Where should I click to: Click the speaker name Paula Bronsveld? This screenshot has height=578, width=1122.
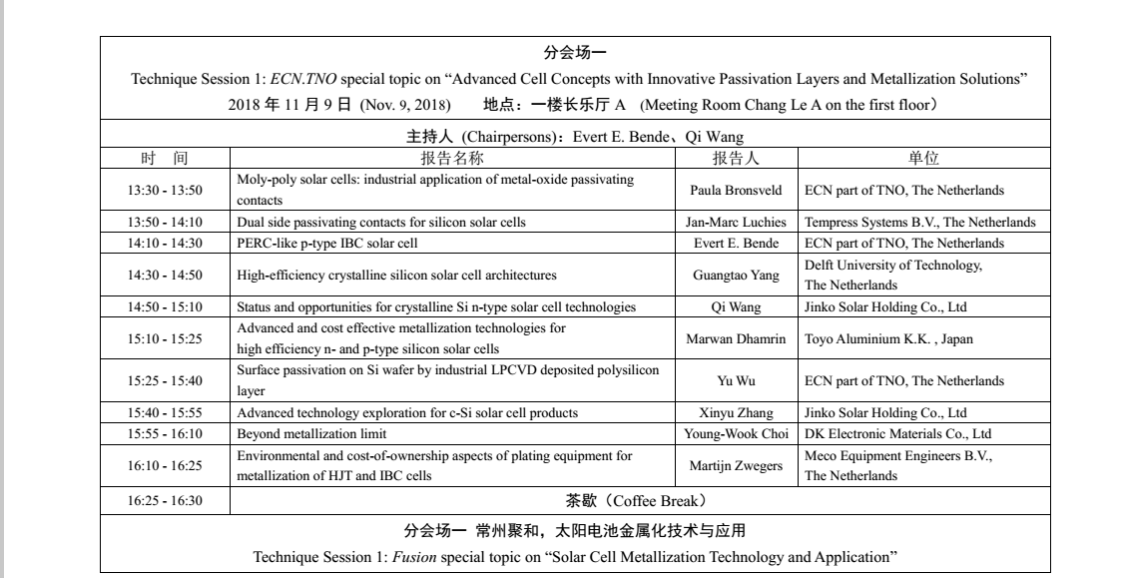point(737,190)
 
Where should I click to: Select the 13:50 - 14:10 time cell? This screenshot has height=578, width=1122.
point(165,223)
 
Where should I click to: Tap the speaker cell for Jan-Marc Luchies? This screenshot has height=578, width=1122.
point(738,223)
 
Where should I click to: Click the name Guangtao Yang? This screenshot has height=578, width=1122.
point(737,275)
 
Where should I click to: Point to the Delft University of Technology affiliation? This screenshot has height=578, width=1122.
point(892,265)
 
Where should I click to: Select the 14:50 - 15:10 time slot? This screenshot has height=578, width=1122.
point(165,306)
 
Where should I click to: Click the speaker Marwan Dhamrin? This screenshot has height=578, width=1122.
point(737,338)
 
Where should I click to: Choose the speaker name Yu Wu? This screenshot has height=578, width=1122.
point(737,380)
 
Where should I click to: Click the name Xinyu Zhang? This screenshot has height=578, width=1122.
point(737,412)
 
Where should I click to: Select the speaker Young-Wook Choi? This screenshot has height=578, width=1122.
point(737,433)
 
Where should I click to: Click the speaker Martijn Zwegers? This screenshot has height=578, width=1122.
point(737,465)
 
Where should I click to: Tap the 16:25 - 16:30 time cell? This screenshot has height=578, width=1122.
point(165,500)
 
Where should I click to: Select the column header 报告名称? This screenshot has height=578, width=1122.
point(452,159)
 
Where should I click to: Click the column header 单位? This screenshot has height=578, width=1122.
point(922,159)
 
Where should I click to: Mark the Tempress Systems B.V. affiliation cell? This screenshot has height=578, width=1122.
point(919,223)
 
